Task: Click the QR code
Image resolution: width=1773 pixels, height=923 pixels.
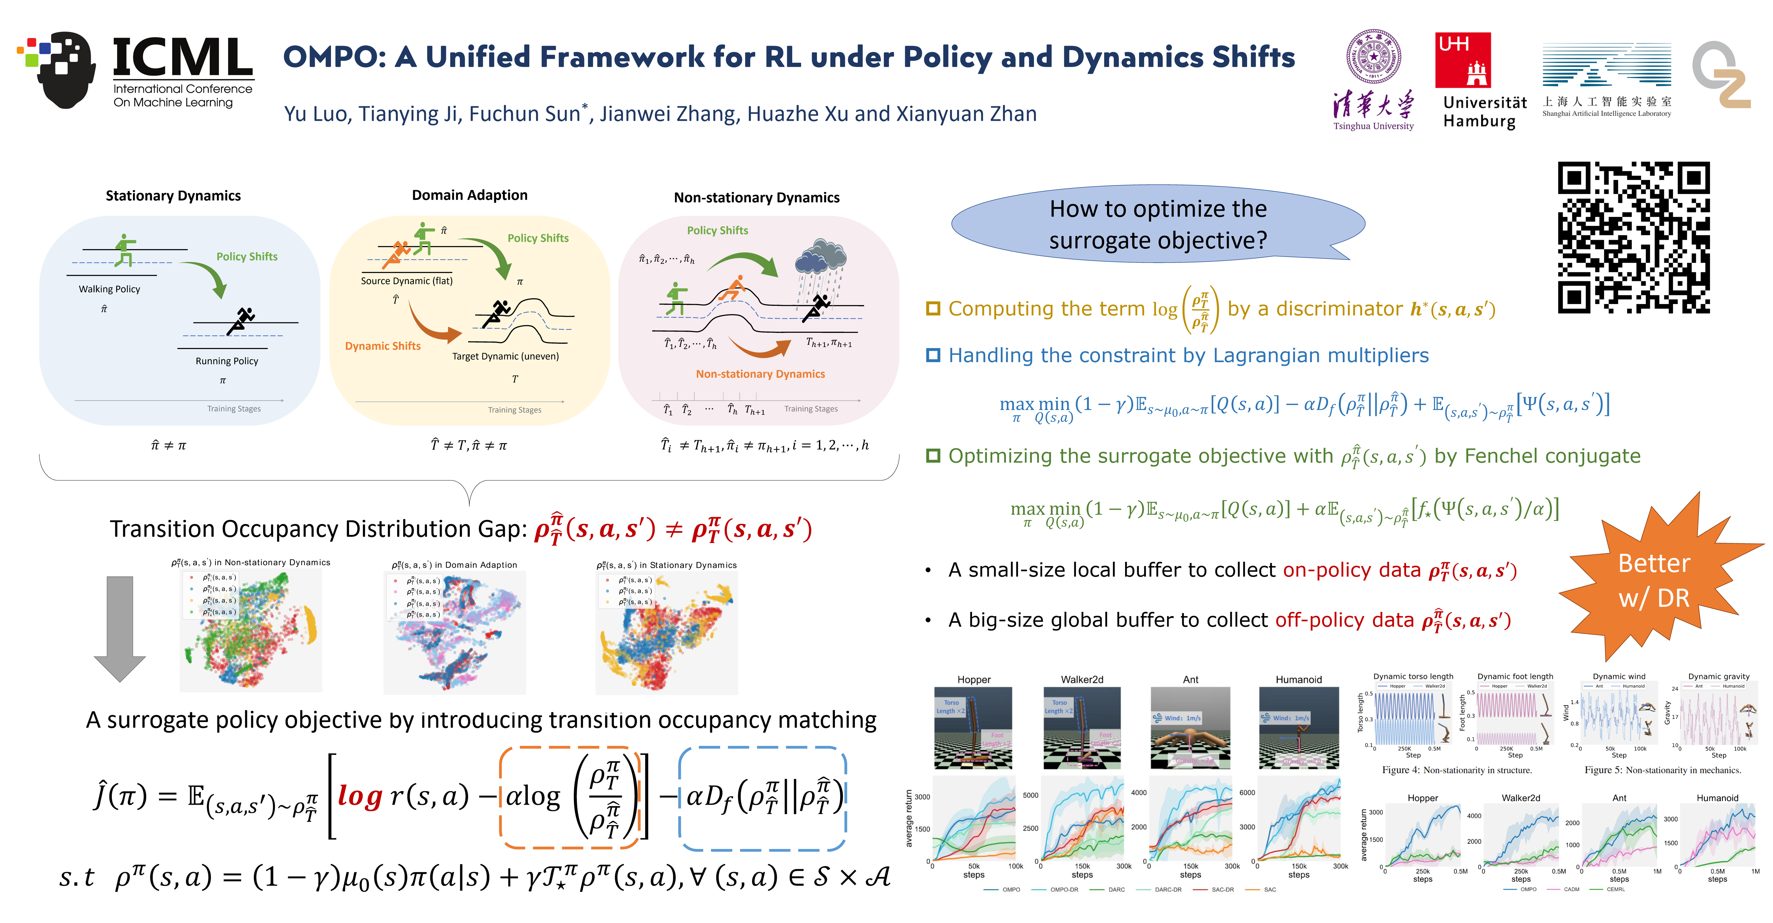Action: click(1633, 237)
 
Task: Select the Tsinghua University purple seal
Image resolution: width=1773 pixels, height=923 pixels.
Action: click(1373, 56)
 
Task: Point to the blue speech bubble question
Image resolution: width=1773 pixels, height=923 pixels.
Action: click(1158, 224)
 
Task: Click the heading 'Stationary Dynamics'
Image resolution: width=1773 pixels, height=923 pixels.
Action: click(173, 196)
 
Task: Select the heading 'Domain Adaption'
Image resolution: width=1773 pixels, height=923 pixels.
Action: click(470, 195)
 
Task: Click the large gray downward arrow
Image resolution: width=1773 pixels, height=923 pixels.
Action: click(120, 628)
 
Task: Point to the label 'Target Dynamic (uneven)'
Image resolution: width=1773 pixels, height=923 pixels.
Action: click(505, 356)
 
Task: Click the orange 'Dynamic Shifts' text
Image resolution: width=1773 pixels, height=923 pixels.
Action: click(383, 346)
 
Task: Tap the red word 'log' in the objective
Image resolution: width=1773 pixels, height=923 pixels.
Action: click(360, 796)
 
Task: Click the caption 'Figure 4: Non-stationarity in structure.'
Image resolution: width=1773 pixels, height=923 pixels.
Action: click(1456, 770)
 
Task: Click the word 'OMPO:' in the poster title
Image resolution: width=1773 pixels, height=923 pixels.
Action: click(335, 57)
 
